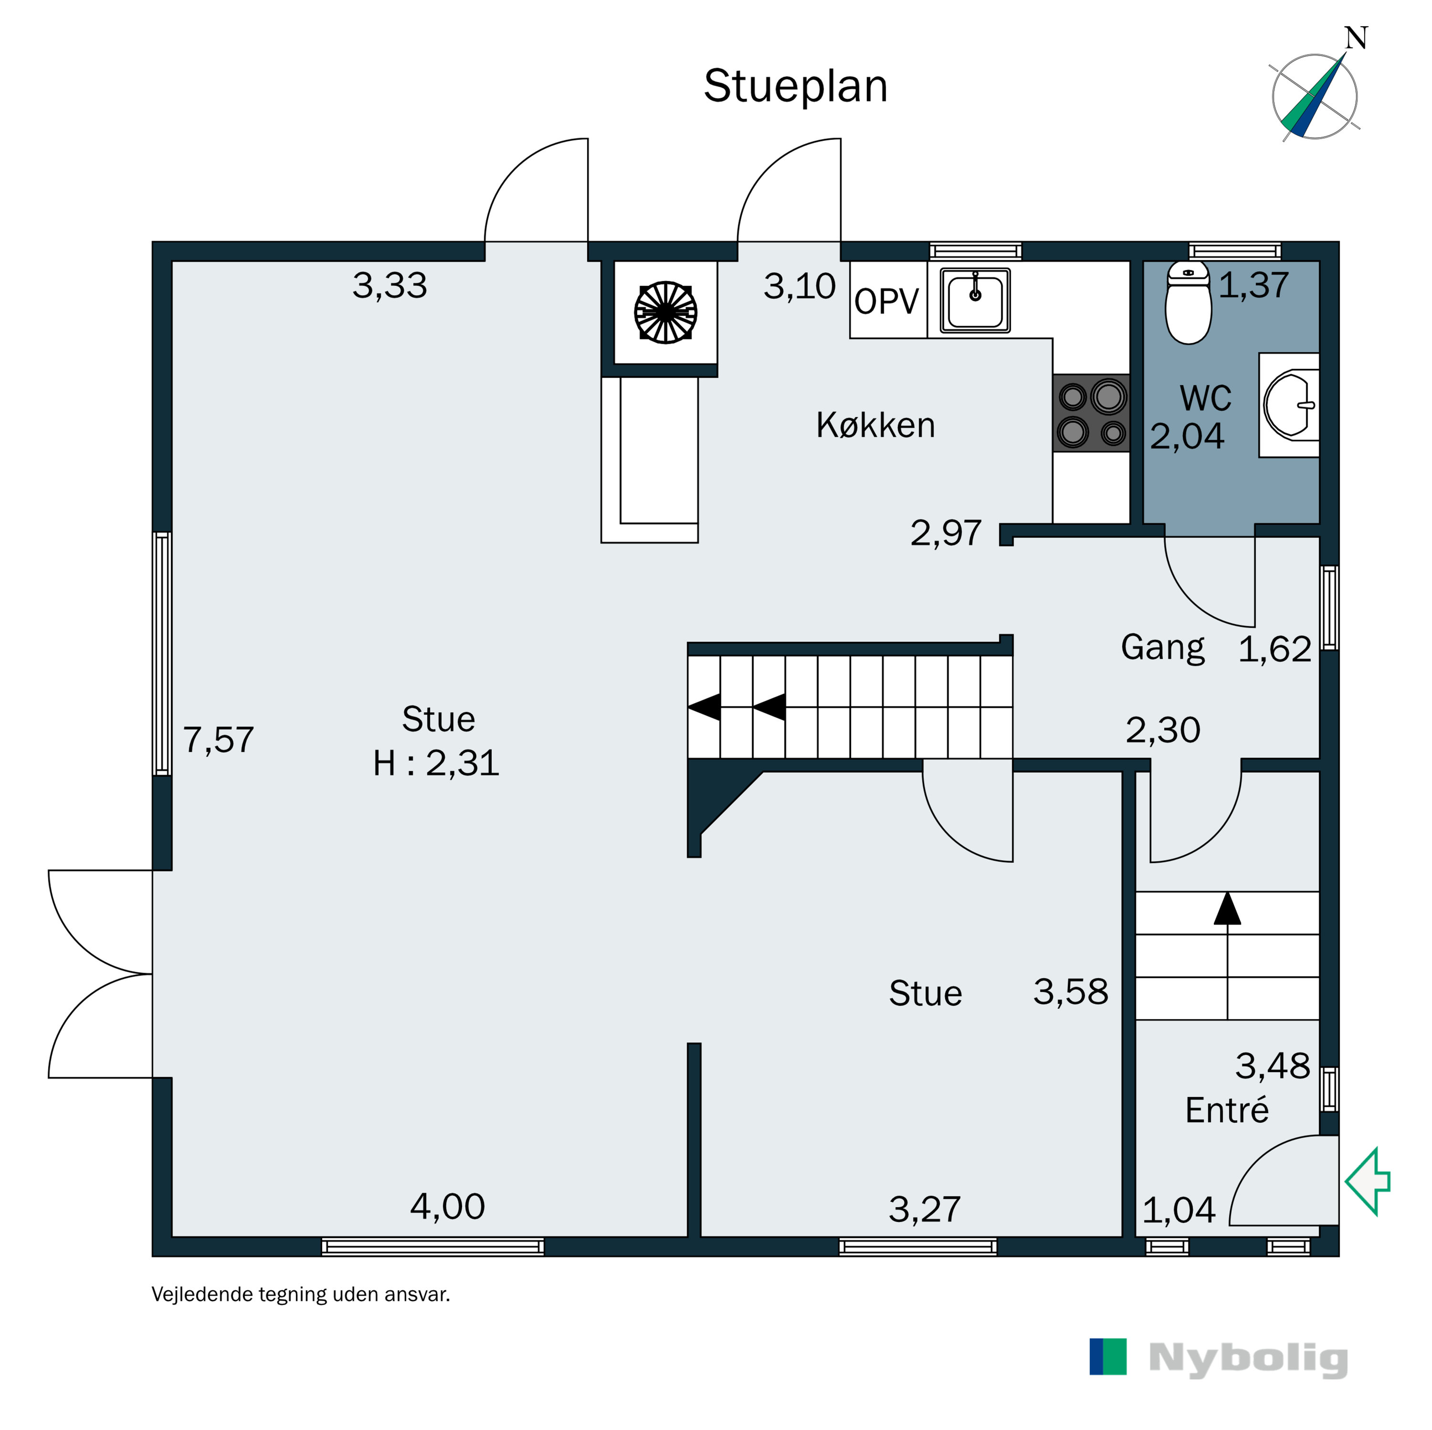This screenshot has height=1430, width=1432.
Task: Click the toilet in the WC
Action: tap(1188, 303)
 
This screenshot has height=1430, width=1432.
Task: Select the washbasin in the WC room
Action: tap(1290, 405)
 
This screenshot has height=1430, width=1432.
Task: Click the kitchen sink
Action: tap(975, 300)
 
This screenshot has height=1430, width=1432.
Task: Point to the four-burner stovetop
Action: tap(1092, 413)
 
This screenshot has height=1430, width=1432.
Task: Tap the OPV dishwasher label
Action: tap(886, 302)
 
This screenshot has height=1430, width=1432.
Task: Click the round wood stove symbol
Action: tap(665, 312)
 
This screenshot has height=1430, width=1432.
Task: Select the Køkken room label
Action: tap(875, 425)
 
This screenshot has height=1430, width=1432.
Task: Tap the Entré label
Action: tap(1227, 1111)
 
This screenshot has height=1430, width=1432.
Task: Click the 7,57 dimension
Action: tap(219, 740)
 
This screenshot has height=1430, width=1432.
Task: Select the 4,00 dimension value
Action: tap(448, 1207)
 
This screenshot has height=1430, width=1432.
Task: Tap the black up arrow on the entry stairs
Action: tap(1227, 908)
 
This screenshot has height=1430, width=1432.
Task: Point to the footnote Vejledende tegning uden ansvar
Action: tap(301, 1294)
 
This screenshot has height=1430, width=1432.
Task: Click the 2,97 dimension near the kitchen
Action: tap(946, 533)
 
